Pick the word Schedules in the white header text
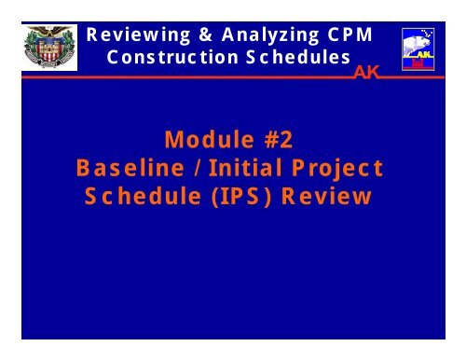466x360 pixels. tap(288, 57)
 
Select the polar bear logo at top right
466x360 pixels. tap(417, 49)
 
